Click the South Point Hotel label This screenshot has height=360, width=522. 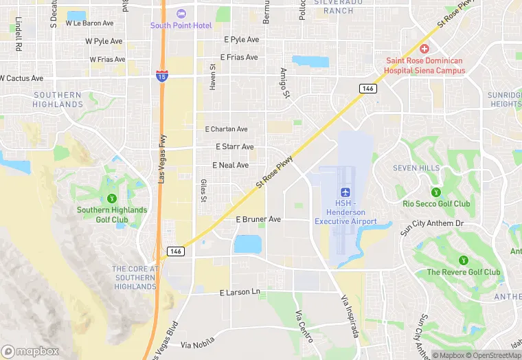pos(181,25)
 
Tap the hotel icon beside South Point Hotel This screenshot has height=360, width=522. pos(181,14)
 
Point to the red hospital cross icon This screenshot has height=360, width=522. pos(424,49)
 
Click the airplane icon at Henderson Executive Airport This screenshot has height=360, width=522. pos(345,192)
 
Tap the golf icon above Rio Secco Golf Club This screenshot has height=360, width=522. pos(435,192)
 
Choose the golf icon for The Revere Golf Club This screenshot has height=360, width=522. pos(464,260)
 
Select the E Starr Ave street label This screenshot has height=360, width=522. pos(234,147)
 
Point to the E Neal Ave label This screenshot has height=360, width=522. pos(230,166)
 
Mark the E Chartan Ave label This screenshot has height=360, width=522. pos(226,129)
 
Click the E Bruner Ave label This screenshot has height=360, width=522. pos(258,219)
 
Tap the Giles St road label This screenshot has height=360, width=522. pos(203,190)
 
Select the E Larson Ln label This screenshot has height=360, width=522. pos(240,293)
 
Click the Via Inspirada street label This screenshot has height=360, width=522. pos(350,317)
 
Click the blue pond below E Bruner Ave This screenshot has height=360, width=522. pos(248,244)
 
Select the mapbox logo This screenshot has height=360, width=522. pos(30,350)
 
